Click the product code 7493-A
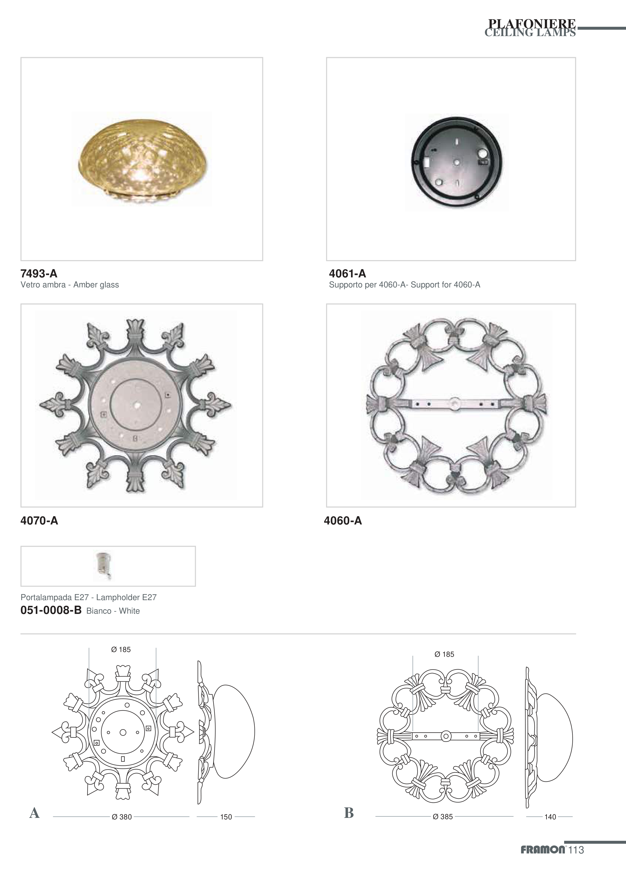point(39,273)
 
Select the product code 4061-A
point(347,273)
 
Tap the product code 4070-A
point(39,520)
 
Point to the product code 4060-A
point(343,520)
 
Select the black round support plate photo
point(456,162)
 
